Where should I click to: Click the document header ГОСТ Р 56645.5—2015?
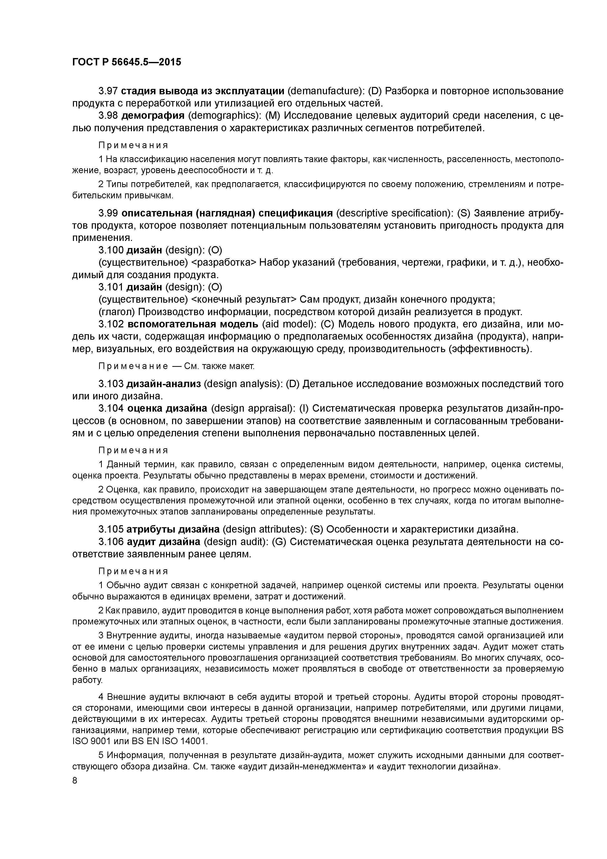pos(126,62)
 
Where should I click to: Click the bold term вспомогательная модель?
pos(193,324)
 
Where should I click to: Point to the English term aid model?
pos(286,324)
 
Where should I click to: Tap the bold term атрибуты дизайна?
pos(173,529)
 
